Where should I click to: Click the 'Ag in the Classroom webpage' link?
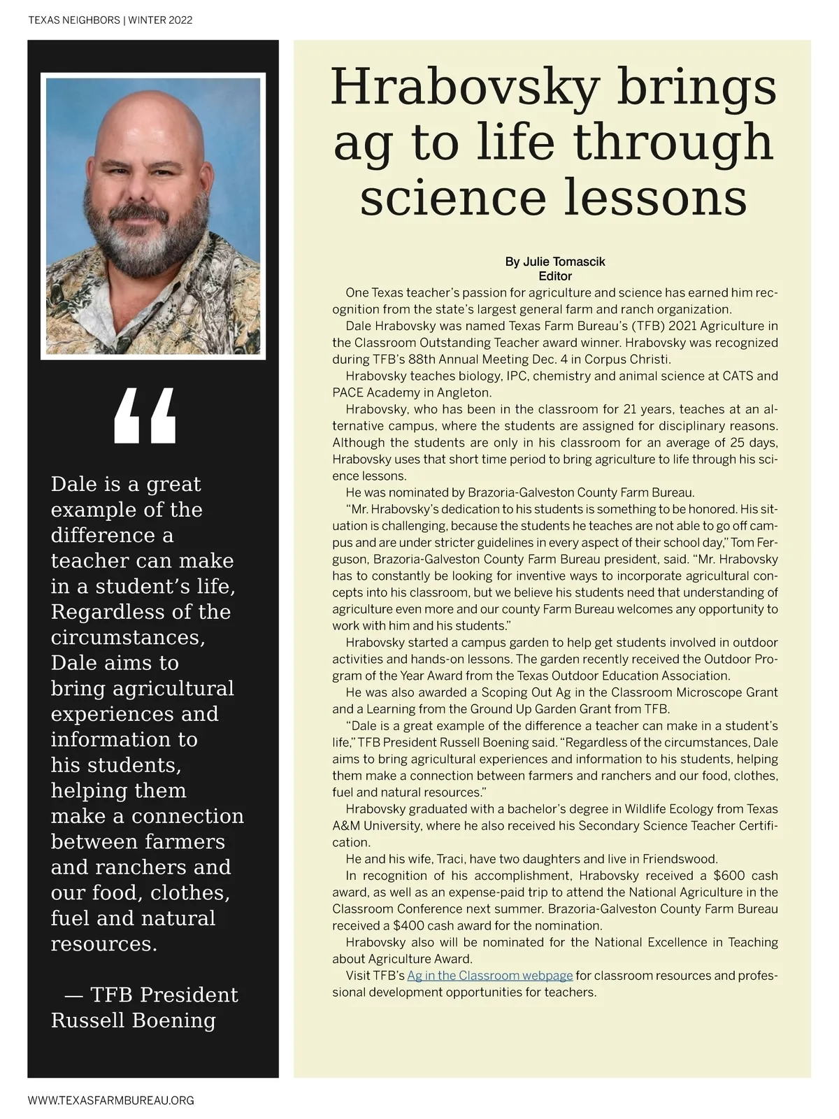click(x=490, y=976)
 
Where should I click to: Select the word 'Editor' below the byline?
click(x=555, y=276)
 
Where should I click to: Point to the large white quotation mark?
click(x=145, y=417)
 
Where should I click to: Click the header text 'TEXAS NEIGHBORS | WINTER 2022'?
click(x=110, y=20)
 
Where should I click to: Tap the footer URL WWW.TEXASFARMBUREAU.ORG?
click(x=110, y=1100)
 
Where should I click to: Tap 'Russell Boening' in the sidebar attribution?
click(x=134, y=1020)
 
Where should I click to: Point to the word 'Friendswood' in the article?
click(x=680, y=859)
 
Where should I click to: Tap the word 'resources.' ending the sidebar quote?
click(x=104, y=944)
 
